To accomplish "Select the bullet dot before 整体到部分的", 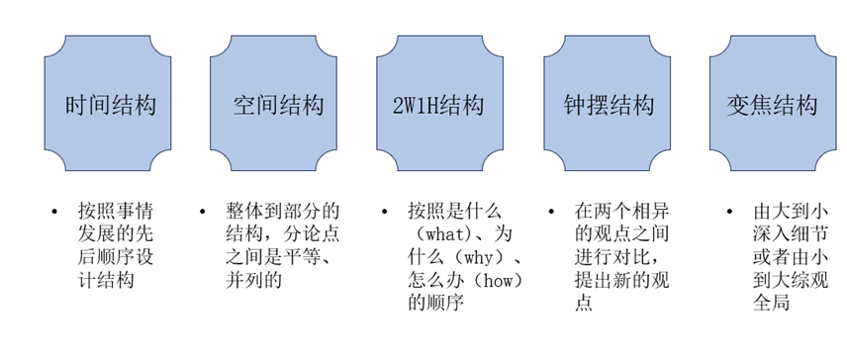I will [202, 212].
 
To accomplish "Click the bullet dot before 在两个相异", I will [549, 212].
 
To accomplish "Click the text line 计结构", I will [106, 281].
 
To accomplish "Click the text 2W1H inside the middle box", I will [417, 104].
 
